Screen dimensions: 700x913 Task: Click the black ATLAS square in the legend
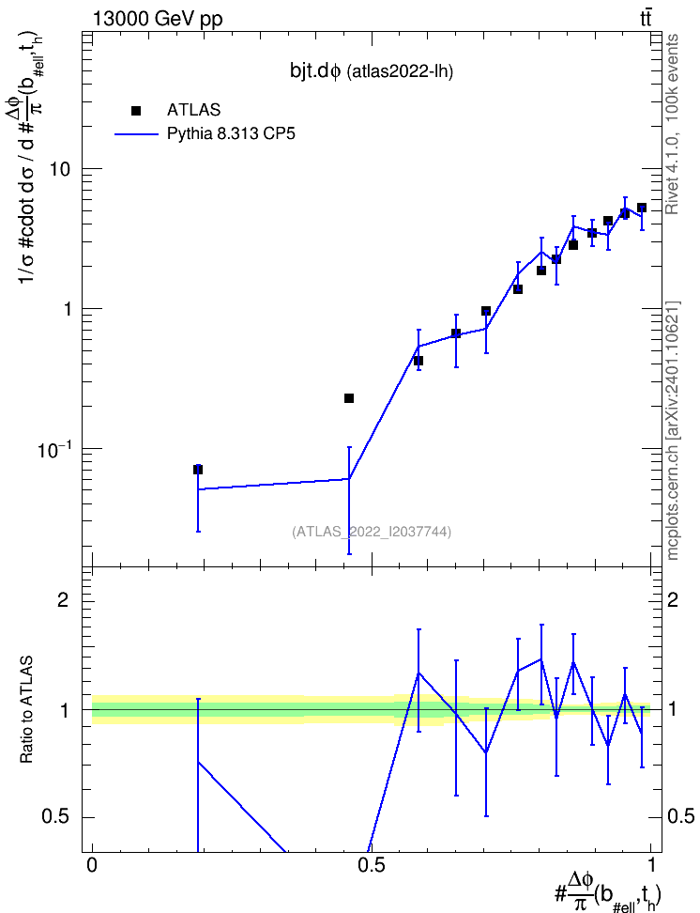click(x=136, y=111)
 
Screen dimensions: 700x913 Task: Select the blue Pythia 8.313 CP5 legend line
click(x=136, y=134)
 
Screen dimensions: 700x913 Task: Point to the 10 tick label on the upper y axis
click(x=59, y=169)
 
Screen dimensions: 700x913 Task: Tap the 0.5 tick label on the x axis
click(x=371, y=864)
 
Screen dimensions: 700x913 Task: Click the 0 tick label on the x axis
click(x=92, y=864)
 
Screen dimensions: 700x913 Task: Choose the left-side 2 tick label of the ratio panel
click(x=63, y=599)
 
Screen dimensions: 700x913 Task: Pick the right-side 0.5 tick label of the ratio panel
click(x=680, y=816)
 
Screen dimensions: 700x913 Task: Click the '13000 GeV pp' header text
click(x=158, y=19)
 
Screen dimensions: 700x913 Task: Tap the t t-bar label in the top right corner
click(x=646, y=19)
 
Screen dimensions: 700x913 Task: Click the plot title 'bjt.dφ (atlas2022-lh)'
click(x=372, y=71)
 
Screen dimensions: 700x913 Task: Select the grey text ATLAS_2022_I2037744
click(x=372, y=531)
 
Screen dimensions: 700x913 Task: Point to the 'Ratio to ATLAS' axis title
click(x=26, y=709)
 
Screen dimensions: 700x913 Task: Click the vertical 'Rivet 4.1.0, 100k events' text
click(x=672, y=124)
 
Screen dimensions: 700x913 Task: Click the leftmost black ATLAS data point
click(x=198, y=470)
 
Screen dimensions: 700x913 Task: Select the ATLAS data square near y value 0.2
click(x=349, y=398)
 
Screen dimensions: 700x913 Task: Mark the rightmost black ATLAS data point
click(x=641, y=208)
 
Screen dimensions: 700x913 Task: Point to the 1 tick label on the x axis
click(x=650, y=864)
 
